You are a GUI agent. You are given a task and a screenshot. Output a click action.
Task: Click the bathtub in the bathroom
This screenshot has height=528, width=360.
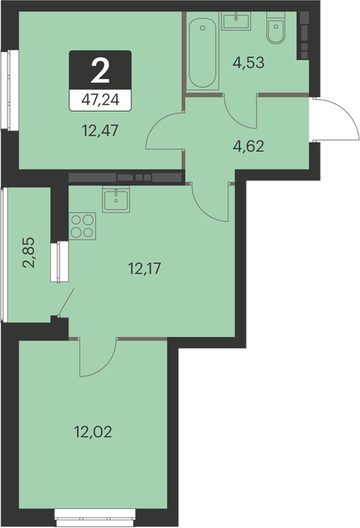pyautogui.click(x=202, y=54)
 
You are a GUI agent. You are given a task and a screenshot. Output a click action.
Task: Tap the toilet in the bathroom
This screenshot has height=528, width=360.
pyautogui.click(x=276, y=28)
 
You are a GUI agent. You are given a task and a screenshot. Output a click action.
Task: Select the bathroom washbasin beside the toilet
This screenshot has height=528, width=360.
pyautogui.click(x=236, y=21)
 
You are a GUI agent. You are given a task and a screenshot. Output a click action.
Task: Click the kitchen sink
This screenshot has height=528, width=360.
pyautogui.click(x=116, y=199)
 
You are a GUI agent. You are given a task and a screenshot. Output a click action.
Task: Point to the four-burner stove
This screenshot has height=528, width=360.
pyautogui.click(x=82, y=226)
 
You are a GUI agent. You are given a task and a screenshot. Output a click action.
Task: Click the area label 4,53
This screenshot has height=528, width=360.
pyautogui.click(x=248, y=63)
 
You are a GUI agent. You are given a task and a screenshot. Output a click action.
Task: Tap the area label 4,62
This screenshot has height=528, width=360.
pyautogui.click(x=248, y=146)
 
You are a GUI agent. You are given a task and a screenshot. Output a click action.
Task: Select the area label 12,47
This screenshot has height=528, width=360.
pyautogui.click(x=100, y=130)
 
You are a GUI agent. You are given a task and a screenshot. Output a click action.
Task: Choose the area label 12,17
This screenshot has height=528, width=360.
pyautogui.click(x=145, y=269)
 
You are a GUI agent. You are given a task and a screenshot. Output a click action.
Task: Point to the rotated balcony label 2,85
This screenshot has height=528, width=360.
pyautogui.click(x=29, y=252)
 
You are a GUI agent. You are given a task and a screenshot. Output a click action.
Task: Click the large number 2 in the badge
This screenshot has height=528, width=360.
pyautogui.click(x=100, y=71)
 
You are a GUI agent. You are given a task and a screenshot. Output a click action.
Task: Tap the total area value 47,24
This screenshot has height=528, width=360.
pyautogui.click(x=100, y=100)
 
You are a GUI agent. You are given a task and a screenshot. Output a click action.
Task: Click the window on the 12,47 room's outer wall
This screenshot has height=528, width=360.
pyautogui.click(x=10, y=90)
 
